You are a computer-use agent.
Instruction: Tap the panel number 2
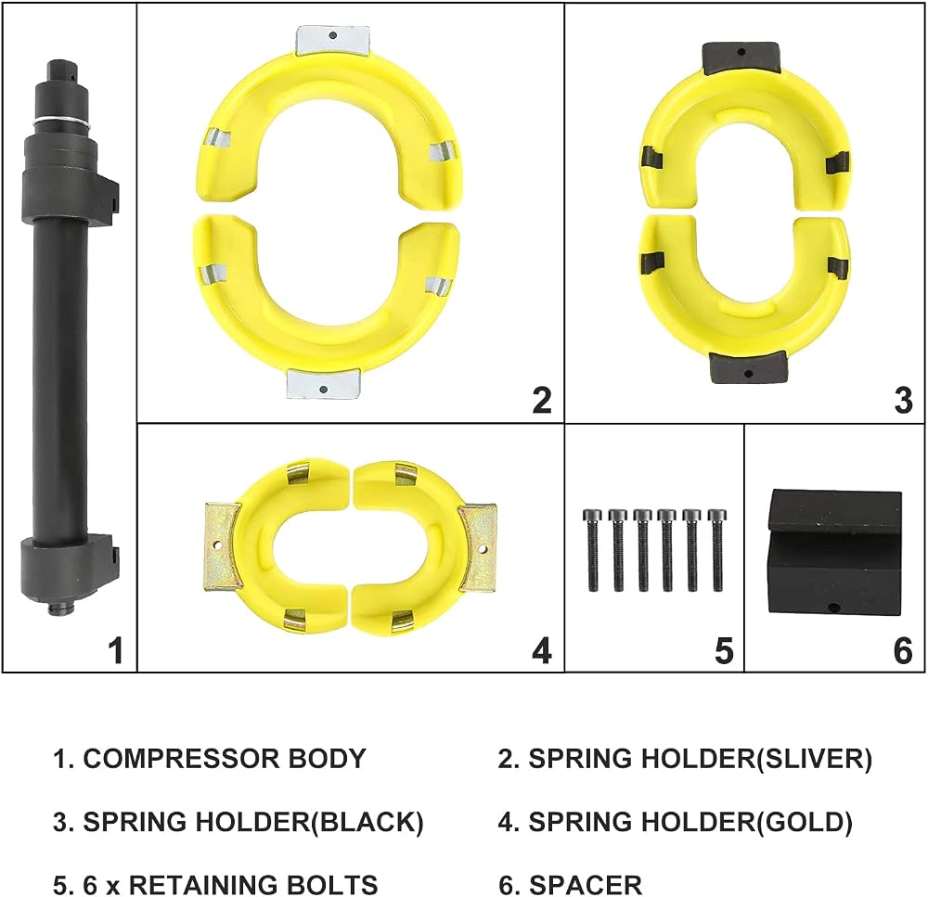542,400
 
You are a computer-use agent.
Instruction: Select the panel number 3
903,400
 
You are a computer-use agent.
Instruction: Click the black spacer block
835,552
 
